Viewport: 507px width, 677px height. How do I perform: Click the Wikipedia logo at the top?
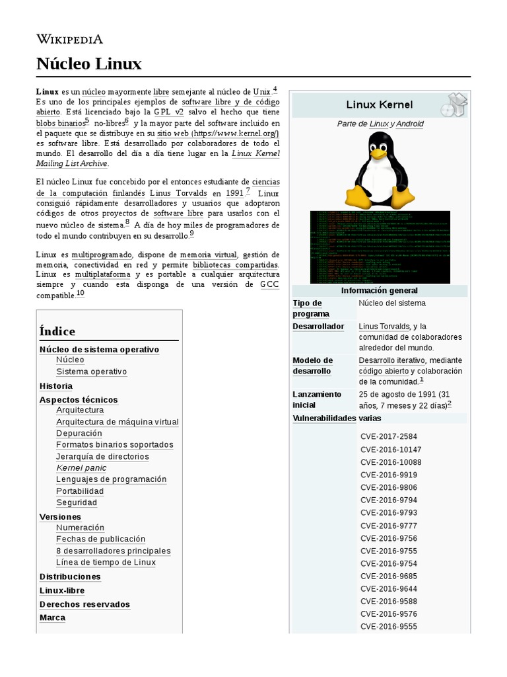pyautogui.click(x=69, y=38)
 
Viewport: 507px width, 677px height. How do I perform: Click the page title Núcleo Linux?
pyautogui.click(x=88, y=64)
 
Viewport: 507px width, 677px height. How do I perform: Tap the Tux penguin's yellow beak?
pyautogui.click(x=377, y=153)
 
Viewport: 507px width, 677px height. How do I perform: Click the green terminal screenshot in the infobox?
pyautogui.click(x=380, y=247)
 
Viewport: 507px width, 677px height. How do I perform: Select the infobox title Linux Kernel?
pyautogui.click(x=379, y=104)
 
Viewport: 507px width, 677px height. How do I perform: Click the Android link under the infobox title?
pyautogui.click(x=409, y=124)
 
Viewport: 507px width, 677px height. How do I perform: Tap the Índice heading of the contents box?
pyautogui.click(x=57, y=331)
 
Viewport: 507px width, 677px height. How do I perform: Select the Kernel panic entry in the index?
pyautogui.click(x=81, y=468)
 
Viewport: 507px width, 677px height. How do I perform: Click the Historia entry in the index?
pyautogui.click(x=56, y=386)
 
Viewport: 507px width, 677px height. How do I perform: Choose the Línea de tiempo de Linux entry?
pyautogui.click(x=106, y=563)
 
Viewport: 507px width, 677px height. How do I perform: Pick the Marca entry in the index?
pyautogui.click(x=52, y=617)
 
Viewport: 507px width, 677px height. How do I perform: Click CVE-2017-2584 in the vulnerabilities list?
pyautogui.click(x=389, y=436)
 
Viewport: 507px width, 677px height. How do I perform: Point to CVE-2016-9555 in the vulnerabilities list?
pyautogui.click(x=389, y=627)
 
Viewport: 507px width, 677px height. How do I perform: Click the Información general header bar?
pyautogui.click(x=379, y=291)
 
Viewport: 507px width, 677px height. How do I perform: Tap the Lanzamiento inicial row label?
pyautogui.click(x=317, y=399)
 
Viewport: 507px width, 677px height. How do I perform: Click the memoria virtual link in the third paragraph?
pyautogui.click(x=208, y=255)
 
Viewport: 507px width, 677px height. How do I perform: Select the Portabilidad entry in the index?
pyautogui.click(x=80, y=491)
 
